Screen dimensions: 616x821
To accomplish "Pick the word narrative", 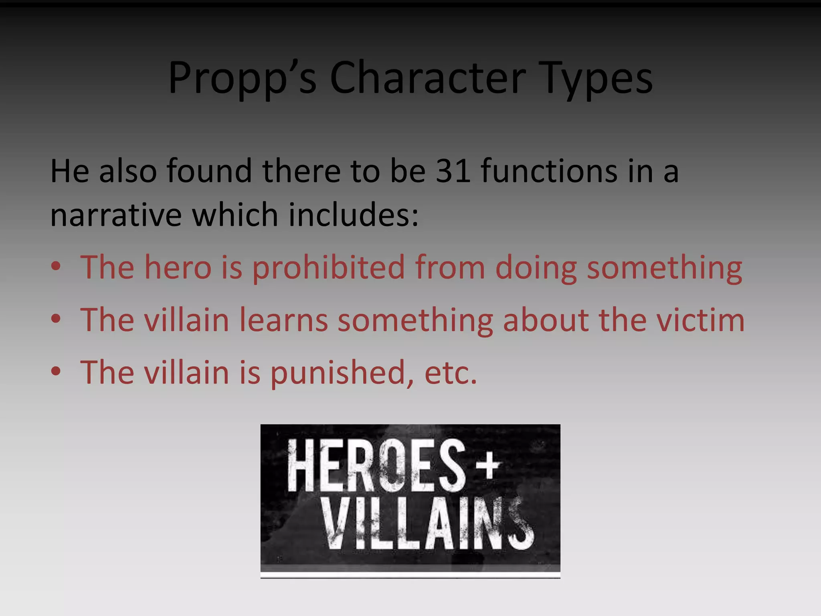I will [x=116, y=215].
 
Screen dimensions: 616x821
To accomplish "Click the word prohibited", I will [x=329, y=267].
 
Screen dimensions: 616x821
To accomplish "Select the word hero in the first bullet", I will [x=178, y=267].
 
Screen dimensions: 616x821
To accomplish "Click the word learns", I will [x=283, y=320].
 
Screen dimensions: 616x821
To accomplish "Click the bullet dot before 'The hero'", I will [x=56, y=266].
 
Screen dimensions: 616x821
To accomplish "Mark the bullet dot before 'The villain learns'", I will [x=56, y=319].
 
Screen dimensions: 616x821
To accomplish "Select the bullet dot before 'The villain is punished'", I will [x=56, y=371].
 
